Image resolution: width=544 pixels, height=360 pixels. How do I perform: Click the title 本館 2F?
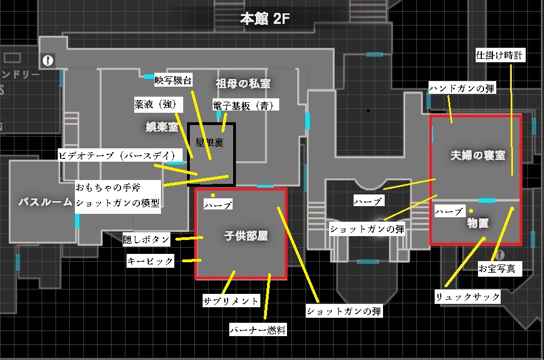point(265,19)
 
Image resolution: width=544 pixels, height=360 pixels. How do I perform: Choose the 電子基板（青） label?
point(245,104)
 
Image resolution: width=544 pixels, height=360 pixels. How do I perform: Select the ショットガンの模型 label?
point(118,203)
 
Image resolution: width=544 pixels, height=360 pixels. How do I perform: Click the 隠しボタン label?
point(147,239)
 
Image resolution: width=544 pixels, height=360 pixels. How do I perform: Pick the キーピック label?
point(150,261)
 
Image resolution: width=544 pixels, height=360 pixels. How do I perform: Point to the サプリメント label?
point(231,301)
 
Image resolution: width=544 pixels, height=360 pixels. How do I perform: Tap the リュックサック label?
point(468,297)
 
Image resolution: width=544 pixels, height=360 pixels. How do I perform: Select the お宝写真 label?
point(497,269)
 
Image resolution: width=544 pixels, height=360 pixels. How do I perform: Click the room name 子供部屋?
point(246,236)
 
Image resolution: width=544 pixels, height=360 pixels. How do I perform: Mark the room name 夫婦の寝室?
point(478,156)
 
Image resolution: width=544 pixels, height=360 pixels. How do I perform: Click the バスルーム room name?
point(46,202)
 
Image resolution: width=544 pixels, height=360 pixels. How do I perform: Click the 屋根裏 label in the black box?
point(211,142)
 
